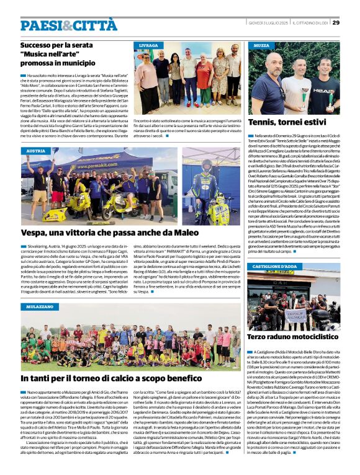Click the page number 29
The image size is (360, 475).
pyautogui.click(x=336, y=23)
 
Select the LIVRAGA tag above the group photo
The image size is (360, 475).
pyautogui.click(x=148, y=46)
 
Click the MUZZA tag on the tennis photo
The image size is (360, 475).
pyautogui.click(x=261, y=46)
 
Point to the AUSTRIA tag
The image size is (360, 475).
pyautogui.click(x=36, y=151)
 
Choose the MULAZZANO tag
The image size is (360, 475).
pyautogui.click(x=40, y=306)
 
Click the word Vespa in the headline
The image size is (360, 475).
pyautogui.click(x=35, y=232)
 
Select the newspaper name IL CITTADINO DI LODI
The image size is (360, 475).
pyautogui.click(x=307, y=24)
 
